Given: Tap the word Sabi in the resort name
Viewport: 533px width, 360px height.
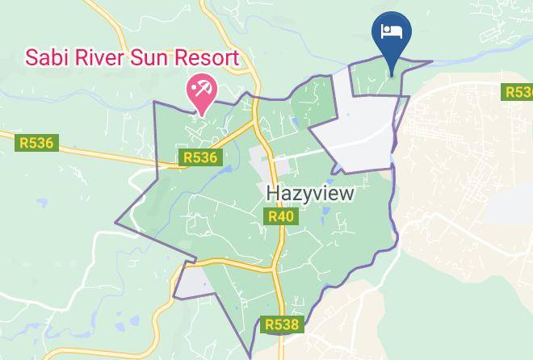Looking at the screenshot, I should coord(47,58).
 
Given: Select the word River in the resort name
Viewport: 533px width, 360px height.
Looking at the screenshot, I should coord(99,58).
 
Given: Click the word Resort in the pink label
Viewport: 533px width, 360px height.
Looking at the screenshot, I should coord(209,58).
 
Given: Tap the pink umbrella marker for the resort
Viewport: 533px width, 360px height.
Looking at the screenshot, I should coord(201,90).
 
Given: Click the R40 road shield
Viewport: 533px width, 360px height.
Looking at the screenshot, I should coord(280,216).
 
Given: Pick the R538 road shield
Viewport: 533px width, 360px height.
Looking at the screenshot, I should coord(282,324).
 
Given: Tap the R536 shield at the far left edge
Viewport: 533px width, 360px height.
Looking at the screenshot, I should coord(35,143).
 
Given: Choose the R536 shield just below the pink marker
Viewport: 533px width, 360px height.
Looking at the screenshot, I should coord(199,157).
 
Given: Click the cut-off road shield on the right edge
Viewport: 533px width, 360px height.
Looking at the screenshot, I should coord(518,92).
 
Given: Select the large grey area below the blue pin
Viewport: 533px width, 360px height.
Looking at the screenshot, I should coord(363,121).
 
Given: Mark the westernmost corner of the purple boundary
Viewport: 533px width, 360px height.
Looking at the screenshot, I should coord(115,220).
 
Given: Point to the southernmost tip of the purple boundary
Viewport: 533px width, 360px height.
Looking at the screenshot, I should coord(250,356).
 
